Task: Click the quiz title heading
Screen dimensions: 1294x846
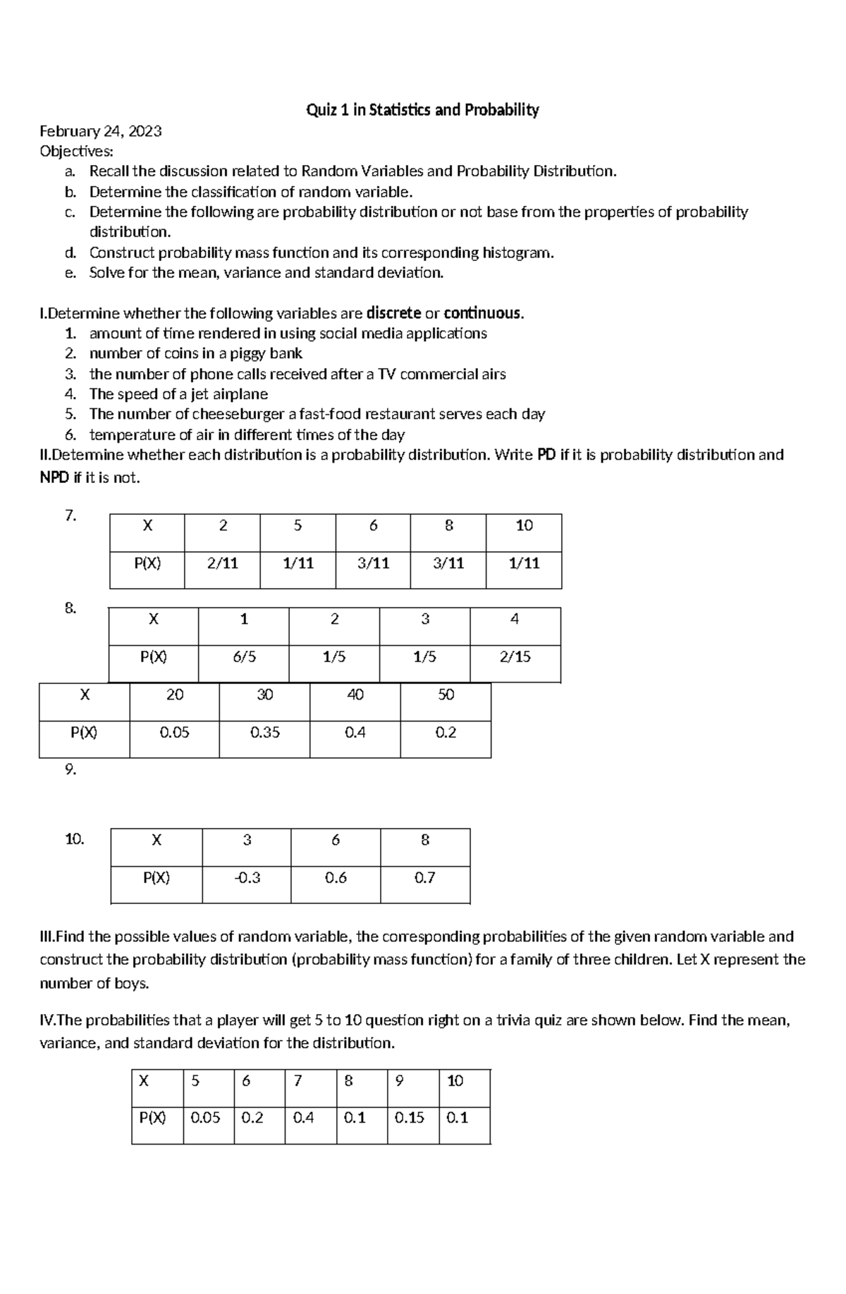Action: (x=422, y=110)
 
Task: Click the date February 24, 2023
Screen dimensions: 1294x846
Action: (x=101, y=131)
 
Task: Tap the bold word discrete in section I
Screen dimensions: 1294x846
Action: (x=394, y=313)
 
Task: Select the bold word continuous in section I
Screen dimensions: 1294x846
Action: (x=483, y=313)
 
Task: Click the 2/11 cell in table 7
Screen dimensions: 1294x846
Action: (x=222, y=563)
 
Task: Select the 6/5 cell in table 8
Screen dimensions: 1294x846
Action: (x=244, y=657)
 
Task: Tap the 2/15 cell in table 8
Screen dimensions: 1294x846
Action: (x=515, y=657)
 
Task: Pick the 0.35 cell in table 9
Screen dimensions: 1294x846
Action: (x=264, y=733)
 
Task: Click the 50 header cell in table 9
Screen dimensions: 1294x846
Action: (x=446, y=695)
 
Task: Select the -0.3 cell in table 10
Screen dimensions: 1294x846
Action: (x=247, y=878)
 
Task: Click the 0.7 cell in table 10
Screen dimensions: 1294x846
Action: (x=424, y=878)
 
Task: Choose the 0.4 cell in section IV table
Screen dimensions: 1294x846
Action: (x=303, y=1118)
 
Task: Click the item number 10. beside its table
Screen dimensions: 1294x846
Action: (x=75, y=839)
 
